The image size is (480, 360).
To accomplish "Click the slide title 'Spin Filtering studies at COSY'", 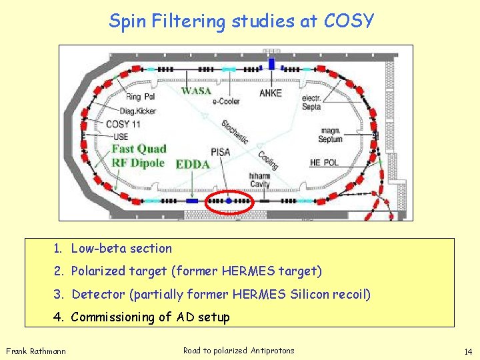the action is (x=241, y=21).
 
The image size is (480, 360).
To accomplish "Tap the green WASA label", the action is (x=196, y=91).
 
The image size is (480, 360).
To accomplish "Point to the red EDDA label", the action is (x=193, y=164).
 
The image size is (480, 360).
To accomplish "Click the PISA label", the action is (x=220, y=152).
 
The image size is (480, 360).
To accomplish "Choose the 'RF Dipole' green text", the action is (x=137, y=163).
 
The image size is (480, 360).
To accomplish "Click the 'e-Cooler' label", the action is (x=226, y=102).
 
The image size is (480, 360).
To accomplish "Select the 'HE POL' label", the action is (x=324, y=163).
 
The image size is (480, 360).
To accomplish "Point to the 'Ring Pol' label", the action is (x=140, y=97).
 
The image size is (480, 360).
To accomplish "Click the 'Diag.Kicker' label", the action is (x=141, y=111).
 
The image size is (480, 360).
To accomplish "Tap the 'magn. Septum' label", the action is (x=331, y=135).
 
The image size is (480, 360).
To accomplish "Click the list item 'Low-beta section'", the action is (x=121, y=249).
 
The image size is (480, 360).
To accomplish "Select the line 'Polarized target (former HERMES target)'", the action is (x=196, y=271).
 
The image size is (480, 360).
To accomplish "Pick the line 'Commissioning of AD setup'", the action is (x=150, y=317).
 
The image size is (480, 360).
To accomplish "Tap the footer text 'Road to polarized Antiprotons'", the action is (x=239, y=351).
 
